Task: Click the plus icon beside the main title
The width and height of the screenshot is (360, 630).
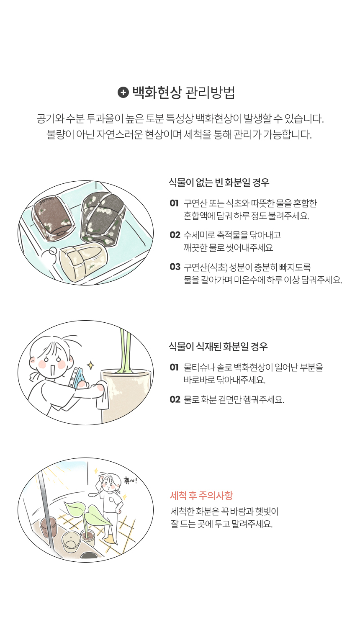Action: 123,92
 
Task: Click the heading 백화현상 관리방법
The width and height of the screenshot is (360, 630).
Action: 184,92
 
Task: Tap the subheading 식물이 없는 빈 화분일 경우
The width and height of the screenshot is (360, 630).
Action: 219,183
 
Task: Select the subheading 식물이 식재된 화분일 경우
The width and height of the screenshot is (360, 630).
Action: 218,347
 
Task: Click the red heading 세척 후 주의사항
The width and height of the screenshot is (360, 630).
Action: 201,495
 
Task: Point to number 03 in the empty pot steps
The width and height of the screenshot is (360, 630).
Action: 175,267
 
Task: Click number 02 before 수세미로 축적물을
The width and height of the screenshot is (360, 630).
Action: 175,234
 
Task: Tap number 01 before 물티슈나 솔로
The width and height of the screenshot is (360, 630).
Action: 174,367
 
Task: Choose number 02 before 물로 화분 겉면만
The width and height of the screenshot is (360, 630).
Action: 175,399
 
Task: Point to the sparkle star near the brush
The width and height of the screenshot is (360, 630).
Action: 90,365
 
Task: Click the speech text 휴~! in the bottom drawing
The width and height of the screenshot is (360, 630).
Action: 130,481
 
